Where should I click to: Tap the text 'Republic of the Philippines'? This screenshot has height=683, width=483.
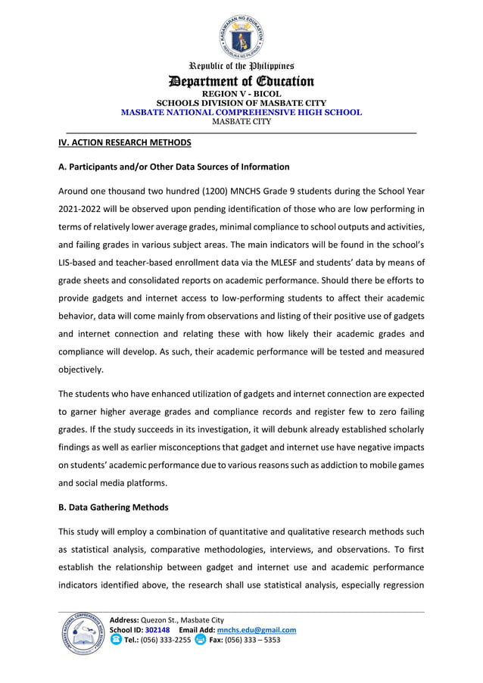click(x=241, y=67)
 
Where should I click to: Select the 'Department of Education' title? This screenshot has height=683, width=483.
click(x=241, y=82)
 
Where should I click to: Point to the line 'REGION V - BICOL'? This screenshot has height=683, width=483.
click(x=241, y=94)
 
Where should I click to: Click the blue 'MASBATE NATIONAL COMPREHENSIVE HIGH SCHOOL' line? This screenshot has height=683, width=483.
click(x=241, y=112)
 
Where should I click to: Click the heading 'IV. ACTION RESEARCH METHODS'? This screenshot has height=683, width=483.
click(x=125, y=142)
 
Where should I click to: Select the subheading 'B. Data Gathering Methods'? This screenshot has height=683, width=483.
click(x=114, y=507)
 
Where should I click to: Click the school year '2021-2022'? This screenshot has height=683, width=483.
click(x=83, y=208)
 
